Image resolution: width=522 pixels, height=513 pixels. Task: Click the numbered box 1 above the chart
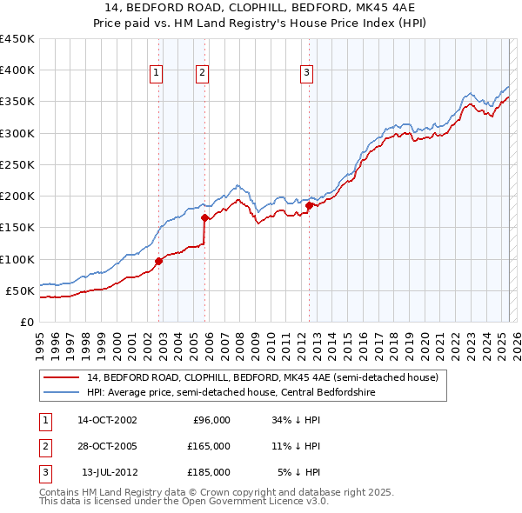coord(156,74)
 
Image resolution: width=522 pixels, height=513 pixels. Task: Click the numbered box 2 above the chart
coord(202,74)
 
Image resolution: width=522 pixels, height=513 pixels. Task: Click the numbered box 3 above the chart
coord(307,74)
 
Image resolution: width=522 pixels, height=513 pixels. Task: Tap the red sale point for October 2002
coord(159,261)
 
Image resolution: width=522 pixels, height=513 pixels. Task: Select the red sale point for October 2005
coord(205,218)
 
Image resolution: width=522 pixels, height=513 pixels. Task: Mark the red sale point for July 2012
coord(309,205)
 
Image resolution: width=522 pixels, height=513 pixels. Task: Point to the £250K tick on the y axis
coord(17,164)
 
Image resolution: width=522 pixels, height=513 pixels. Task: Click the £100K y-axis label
coord(17,259)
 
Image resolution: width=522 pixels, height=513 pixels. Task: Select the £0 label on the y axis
coord(26,322)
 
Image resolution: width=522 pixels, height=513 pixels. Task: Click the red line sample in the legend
coord(63,377)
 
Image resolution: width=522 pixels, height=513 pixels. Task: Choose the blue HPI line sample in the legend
coord(63,392)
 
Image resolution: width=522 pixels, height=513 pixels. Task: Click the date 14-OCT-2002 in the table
coord(107,420)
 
